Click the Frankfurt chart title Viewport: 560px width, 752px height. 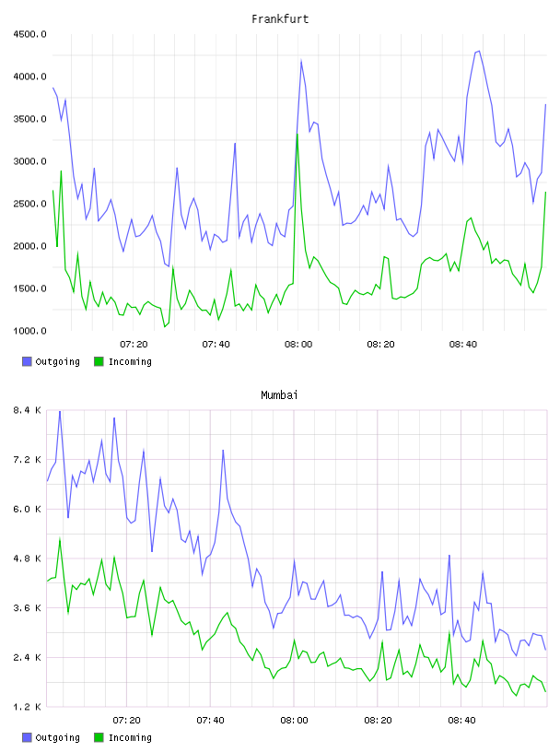(x=280, y=19)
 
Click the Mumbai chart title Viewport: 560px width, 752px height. (x=279, y=395)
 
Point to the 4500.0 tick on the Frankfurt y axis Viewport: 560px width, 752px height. (x=29, y=34)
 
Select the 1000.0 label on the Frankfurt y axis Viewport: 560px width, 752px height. (x=29, y=331)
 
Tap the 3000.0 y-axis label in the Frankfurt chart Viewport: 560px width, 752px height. (x=29, y=161)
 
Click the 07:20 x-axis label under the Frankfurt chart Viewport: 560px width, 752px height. (x=134, y=345)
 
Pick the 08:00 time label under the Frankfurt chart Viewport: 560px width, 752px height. (x=298, y=345)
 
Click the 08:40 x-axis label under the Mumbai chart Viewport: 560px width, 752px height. (x=461, y=721)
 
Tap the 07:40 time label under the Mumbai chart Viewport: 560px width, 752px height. (x=211, y=721)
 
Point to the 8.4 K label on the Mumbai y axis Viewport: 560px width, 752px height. (x=28, y=410)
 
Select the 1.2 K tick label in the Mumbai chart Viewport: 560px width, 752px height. (x=28, y=707)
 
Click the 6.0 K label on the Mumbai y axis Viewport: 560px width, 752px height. (x=28, y=510)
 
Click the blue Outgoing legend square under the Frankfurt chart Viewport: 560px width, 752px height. (x=27, y=361)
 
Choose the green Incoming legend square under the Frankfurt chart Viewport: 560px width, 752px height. (x=99, y=361)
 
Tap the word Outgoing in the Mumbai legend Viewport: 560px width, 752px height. (x=57, y=737)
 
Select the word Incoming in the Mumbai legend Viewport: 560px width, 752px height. (x=130, y=737)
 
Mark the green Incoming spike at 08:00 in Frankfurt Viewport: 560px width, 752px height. (x=297, y=135)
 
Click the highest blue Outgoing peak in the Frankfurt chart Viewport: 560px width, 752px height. (x=479, y=51)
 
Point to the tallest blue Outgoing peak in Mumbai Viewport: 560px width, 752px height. (x=60, y=412)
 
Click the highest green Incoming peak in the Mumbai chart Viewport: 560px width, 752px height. (x=60, y=538)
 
